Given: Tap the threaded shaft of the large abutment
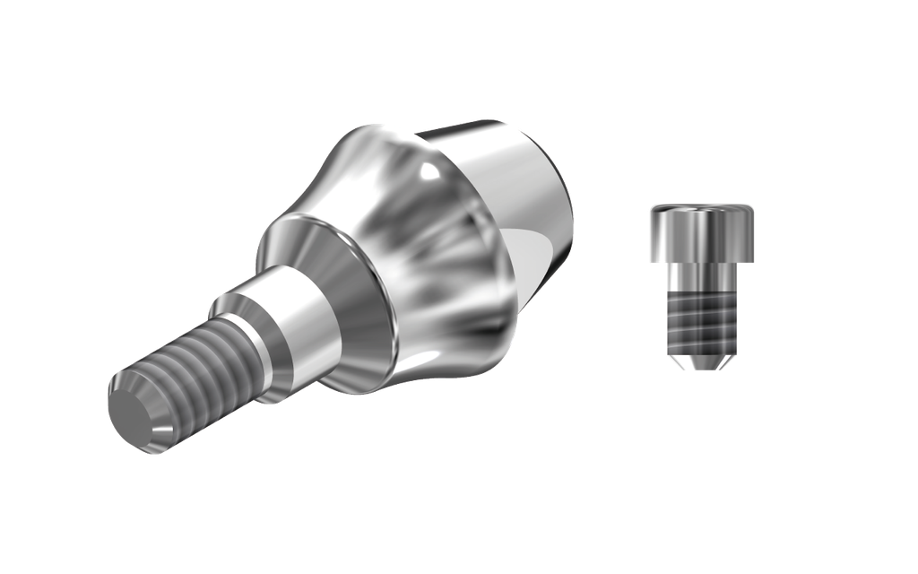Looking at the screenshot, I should [193, 368].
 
